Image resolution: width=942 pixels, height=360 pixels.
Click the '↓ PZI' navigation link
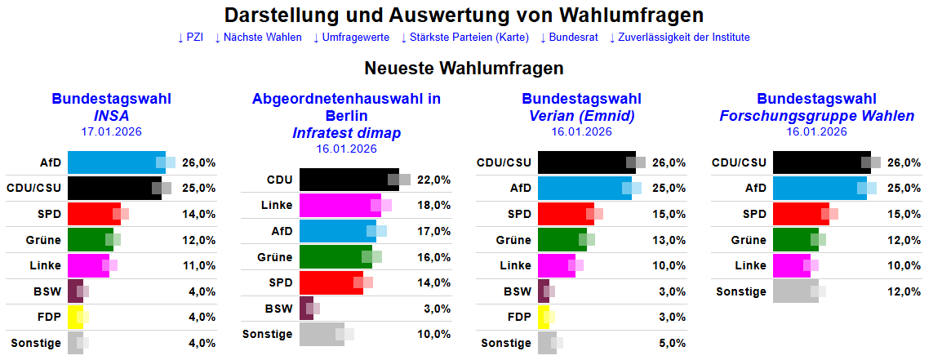point(190,38)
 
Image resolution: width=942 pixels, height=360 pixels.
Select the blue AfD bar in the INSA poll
point(115,162)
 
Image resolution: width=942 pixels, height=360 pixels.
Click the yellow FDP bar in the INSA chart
point(74,318)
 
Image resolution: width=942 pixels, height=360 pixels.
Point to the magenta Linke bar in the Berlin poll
point(339,205)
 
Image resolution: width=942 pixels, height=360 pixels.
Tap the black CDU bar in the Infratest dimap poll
point(348,180)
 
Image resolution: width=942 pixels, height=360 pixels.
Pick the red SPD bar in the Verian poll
point(565,214)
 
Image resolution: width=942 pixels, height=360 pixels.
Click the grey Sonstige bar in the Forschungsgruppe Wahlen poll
point(794,291)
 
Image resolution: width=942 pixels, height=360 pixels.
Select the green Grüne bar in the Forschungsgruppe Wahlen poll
point(794,240)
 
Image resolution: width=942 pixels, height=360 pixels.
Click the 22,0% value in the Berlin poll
point(434,180)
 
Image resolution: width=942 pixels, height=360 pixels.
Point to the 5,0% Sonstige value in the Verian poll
point(671,344)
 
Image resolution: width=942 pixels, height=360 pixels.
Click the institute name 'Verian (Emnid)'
point(582,116)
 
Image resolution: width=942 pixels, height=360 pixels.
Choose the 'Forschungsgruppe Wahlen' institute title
point(817,116)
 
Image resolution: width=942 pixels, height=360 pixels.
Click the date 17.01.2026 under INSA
point(111,131)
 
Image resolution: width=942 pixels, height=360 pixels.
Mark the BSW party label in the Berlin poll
point(278,309)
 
